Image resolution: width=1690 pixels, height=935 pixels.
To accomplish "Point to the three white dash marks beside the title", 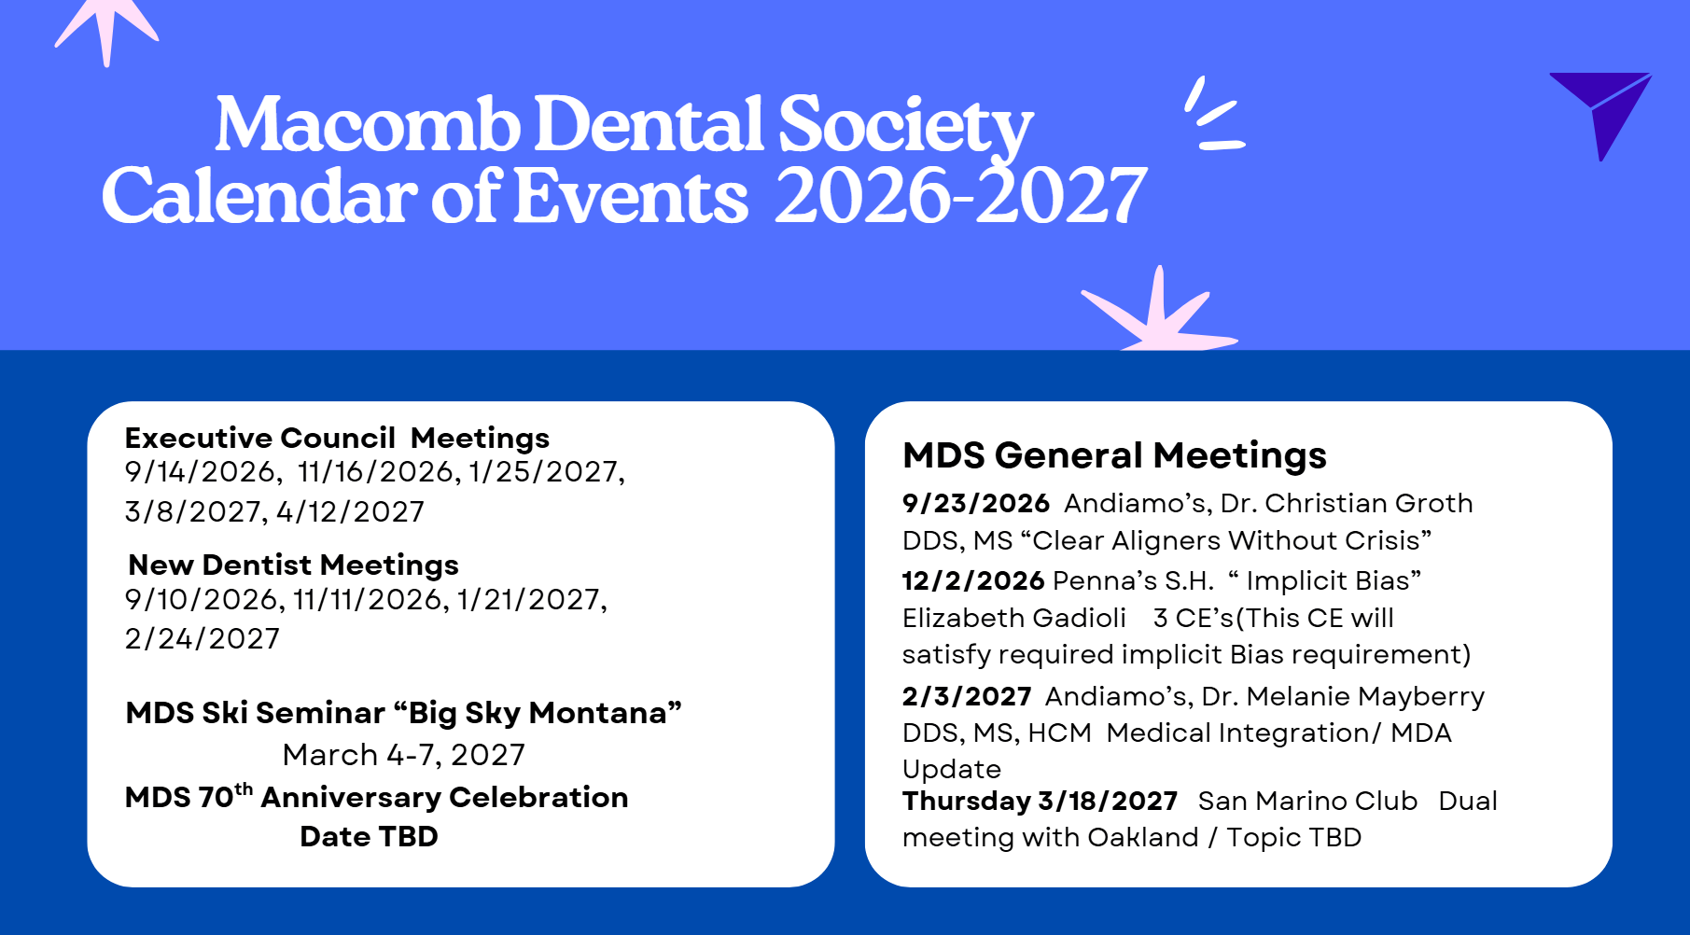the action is (1213, 114).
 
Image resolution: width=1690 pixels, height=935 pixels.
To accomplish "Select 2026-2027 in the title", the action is (960, 196).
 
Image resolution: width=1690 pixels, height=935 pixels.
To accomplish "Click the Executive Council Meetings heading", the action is (337, 438).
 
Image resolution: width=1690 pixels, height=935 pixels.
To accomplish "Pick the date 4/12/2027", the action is (350, 511).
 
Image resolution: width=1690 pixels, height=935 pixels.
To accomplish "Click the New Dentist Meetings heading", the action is (293, 565).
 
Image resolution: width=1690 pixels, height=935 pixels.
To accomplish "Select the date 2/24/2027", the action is (203, 638).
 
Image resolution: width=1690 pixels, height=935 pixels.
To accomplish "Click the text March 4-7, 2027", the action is (404, 754).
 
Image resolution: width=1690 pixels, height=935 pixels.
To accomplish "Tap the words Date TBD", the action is (369, 836).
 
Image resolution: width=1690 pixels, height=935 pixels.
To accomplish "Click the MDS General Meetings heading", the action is (1114, 455).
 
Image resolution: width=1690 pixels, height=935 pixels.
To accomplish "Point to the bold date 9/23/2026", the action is (976, 503).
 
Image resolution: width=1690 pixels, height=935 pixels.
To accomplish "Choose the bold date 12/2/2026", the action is (973, 580).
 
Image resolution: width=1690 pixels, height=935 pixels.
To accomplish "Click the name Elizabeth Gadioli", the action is (1014, 618).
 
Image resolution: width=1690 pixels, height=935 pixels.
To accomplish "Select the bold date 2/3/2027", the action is (967, 696).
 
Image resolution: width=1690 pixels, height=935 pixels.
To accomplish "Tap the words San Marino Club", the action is (1307, 801).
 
